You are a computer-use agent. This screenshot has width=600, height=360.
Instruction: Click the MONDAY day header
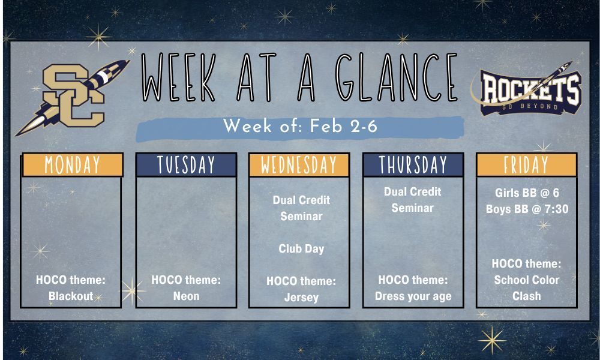click(x=73, y=164)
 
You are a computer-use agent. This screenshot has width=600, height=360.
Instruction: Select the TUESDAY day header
click(x=187, y=164)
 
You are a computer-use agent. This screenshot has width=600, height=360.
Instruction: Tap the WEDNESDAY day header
click(x=299, y=164)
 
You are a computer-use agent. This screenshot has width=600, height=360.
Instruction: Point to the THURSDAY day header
click(x=413, y=164)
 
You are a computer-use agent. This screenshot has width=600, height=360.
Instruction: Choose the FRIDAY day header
click(x=527, y=164)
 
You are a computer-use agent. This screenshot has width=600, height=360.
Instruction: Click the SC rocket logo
click(x=73, y=97)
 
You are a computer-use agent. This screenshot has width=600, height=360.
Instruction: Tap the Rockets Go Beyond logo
click(x=527, y=89)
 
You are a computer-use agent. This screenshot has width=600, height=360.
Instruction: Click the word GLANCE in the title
click(x=396, y=77)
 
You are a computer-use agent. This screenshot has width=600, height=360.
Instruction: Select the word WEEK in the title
click(x=179, y=77)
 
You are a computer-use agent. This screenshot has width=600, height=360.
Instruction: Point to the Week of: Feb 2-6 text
click(x=301, y=126)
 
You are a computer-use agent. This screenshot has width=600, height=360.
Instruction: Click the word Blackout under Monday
click(x=71, y=296)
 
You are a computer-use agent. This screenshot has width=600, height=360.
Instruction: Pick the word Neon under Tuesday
click(x=187, y=296)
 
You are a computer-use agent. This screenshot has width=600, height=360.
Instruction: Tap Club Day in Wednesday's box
click(x=301, y=248)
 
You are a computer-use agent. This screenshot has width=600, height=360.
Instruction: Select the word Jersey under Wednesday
click(x=301, y=297)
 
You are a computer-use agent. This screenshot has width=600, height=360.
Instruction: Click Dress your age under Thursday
click(x=413, y=296)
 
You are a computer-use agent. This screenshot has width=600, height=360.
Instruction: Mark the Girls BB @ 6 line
click(x=527, y=193)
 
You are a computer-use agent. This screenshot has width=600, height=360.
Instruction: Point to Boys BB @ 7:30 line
click(x=527, y=209)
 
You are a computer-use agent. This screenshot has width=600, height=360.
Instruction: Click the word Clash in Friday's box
click(x=527, y=296)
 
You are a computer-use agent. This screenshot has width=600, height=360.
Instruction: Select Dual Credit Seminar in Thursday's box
click(x=413, y=200)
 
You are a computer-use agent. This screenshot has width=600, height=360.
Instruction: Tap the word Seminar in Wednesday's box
click(x=301, y=216)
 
